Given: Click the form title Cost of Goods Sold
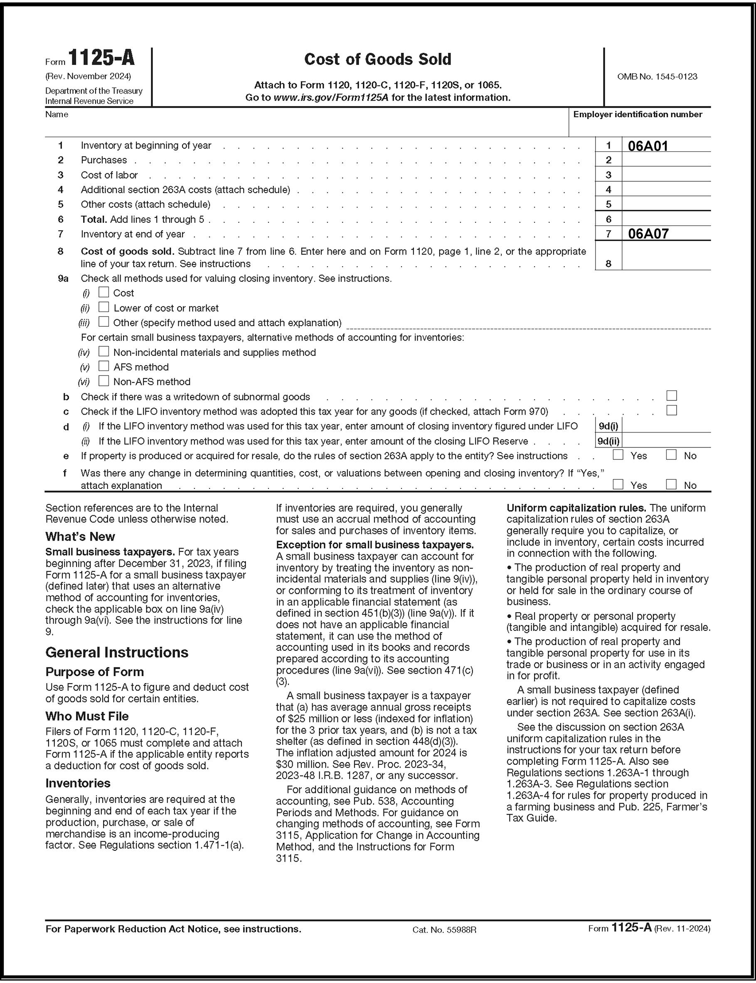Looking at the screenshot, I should [x=377, y=59].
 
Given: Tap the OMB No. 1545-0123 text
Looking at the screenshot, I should [x=657, y=77].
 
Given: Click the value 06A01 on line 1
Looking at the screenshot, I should [x=648, y=146].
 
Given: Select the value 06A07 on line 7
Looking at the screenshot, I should [x=648, y=234].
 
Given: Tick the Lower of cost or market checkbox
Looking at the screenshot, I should [x=104, y=307].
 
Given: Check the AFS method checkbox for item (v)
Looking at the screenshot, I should [x=104, y=366].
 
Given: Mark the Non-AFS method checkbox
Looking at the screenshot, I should [x=104, y=381].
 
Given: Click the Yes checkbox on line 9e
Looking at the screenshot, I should [x=618, y=455].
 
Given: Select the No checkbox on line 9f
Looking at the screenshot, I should [x=671, y=485].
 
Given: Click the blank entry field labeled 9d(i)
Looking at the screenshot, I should [x=666, y=426].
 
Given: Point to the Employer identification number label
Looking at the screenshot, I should [x=637, y=114].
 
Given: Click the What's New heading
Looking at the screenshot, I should [x=80, y=536].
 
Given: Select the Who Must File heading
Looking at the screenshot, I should [x=87, y=716].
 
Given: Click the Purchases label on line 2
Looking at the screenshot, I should [x=104, y=160].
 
